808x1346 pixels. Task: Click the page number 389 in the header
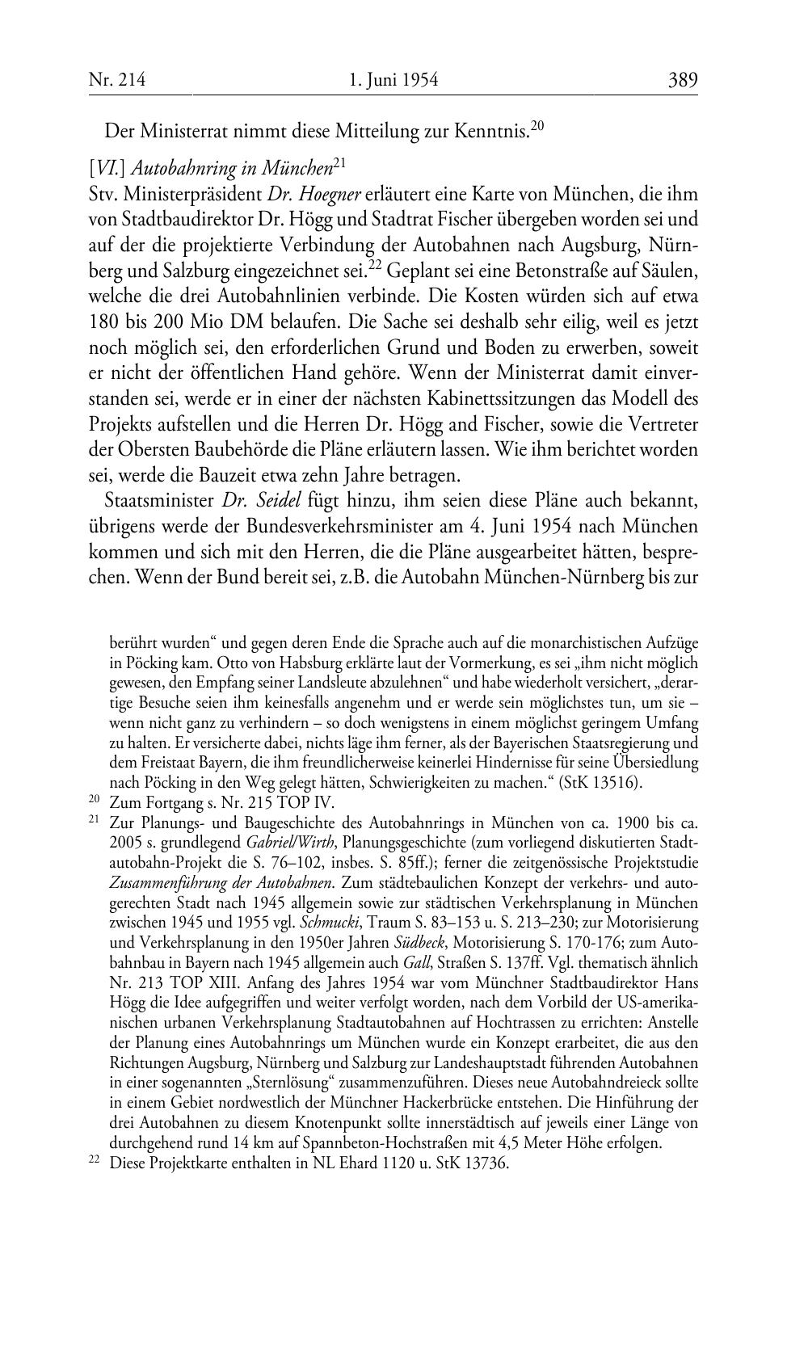click(682, 80)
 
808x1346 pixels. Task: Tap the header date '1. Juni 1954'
click(393, 80)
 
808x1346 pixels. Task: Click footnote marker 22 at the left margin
click(94, 1162)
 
